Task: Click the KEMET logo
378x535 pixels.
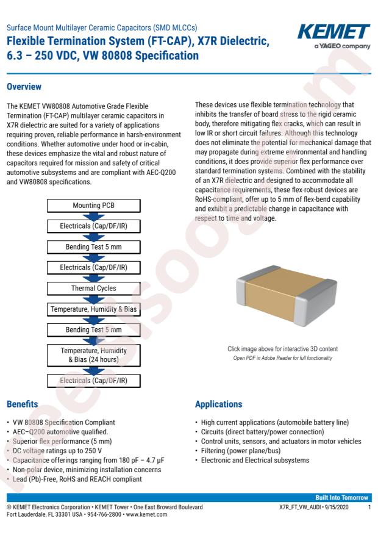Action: coord(334,32)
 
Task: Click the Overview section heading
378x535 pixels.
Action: coord(24,87)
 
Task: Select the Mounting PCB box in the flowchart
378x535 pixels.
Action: coord(93,205)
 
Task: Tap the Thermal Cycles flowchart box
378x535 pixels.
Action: coord(93,288)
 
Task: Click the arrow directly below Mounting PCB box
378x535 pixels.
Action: coord(93,216)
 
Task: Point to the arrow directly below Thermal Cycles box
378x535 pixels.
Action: coord(93,299)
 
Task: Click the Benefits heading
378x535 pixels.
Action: coord(23,404)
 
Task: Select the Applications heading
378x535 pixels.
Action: coord(219,404)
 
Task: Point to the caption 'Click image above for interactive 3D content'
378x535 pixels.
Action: coord(282,348)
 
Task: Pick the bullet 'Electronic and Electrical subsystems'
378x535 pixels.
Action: coord(255,460)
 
